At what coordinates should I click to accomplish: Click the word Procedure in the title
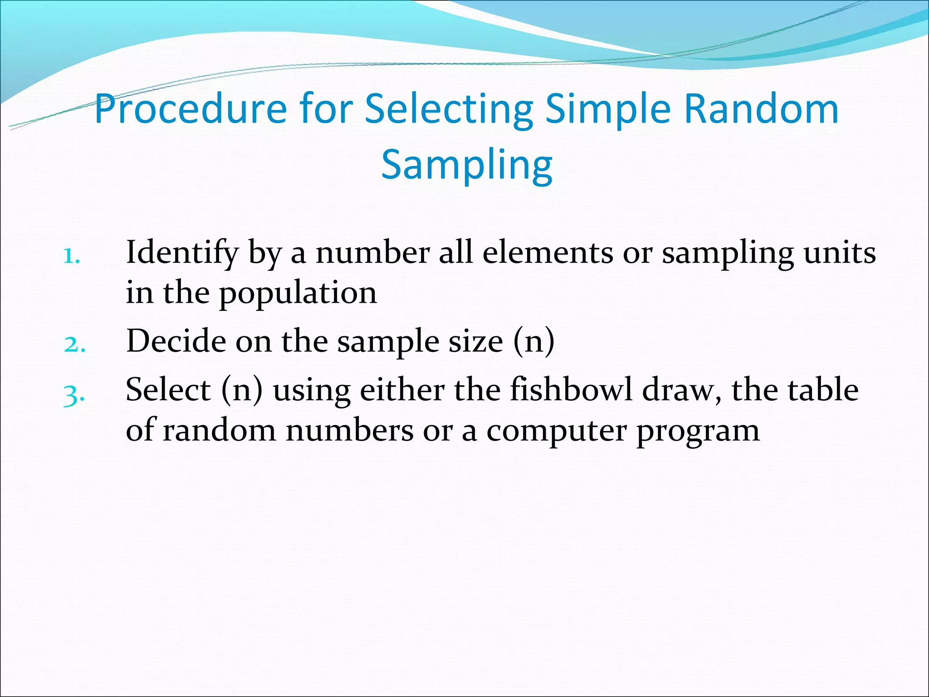click(191, 110)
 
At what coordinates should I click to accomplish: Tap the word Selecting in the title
click(449, 110)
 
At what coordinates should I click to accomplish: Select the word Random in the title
click(761, 109)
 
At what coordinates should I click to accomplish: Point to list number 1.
click(72, 256)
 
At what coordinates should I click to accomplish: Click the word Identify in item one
click(182, 253)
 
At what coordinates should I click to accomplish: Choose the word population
click(298, 294)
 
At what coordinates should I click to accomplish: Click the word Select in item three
click(168, 390)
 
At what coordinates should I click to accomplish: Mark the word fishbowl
click(571, 390)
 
